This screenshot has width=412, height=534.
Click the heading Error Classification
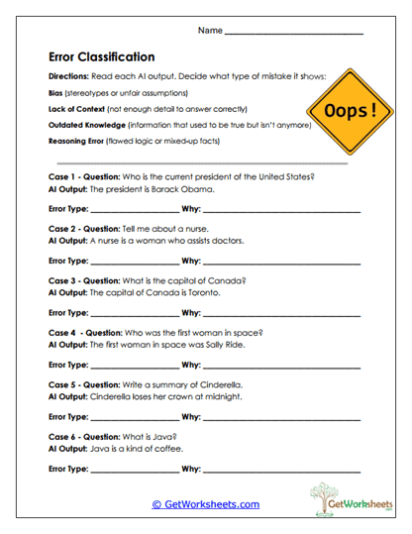[x=101, y=57]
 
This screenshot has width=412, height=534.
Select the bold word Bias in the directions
[x=55, y=92]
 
